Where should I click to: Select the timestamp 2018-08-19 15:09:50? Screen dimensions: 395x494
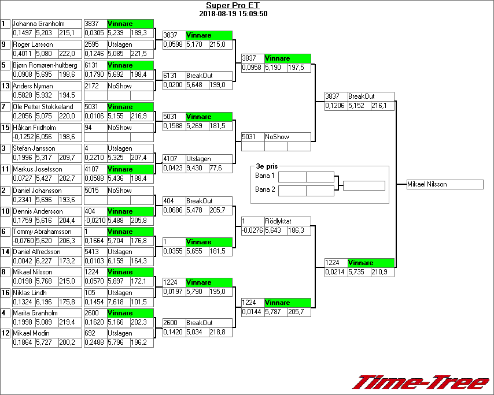click(233, 13)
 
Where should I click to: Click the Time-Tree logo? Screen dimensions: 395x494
click(422, 382)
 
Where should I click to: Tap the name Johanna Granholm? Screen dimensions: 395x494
click(38, 24)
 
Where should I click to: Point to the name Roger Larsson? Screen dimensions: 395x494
click(33, 44)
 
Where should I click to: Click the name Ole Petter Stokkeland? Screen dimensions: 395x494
click(43, 107)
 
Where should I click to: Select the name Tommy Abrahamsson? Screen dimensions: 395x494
click(42, 232)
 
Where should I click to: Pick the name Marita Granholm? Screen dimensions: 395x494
click(35, 313)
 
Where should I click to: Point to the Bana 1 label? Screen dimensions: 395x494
click(264, 176)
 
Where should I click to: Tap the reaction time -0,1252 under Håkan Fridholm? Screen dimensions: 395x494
click(23, 137)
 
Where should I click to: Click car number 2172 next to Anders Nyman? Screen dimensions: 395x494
click(91, 86)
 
